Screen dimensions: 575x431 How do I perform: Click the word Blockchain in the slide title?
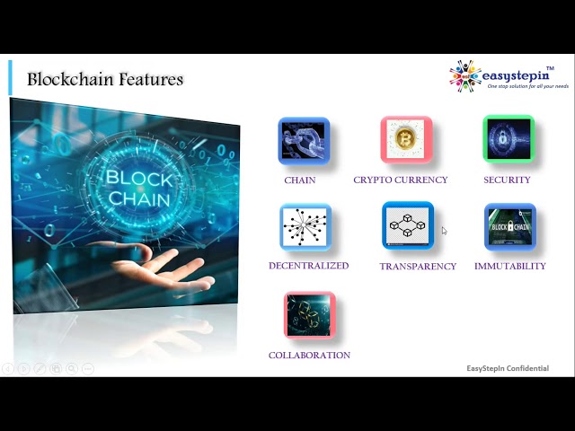[x=71, y=79]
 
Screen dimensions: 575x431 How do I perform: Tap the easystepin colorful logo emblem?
[x=465, y=75]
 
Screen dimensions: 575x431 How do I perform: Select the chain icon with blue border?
[x=304, y=141]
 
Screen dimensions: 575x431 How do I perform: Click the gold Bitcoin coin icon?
[x=406, y=139]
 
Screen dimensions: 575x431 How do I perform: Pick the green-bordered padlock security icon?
[x=509, y=138]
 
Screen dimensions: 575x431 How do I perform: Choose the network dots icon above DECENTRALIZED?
[x=305, y=227]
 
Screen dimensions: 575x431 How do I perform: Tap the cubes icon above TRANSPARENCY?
[x=408, y=225]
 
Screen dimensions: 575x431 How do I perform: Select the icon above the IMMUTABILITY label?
[x=510, y=227]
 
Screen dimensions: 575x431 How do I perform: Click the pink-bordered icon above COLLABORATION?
[x=309, y=315]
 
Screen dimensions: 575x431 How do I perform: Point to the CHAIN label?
[x=300, y=180]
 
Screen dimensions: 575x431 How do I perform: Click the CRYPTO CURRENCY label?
[x=401, y=180]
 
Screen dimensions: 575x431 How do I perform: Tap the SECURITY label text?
[x=507, y=180]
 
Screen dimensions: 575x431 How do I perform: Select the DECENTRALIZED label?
[x=309, y=266]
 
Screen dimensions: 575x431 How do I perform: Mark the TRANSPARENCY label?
[x=418, y=267]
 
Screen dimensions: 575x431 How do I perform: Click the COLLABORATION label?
[x=309, y=356]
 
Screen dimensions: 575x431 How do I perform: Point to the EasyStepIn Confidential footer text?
[x=508, y=368]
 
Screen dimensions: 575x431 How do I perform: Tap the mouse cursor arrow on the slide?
[x=444, y=231]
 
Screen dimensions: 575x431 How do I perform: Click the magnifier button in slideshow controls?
[x=72, y=369]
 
